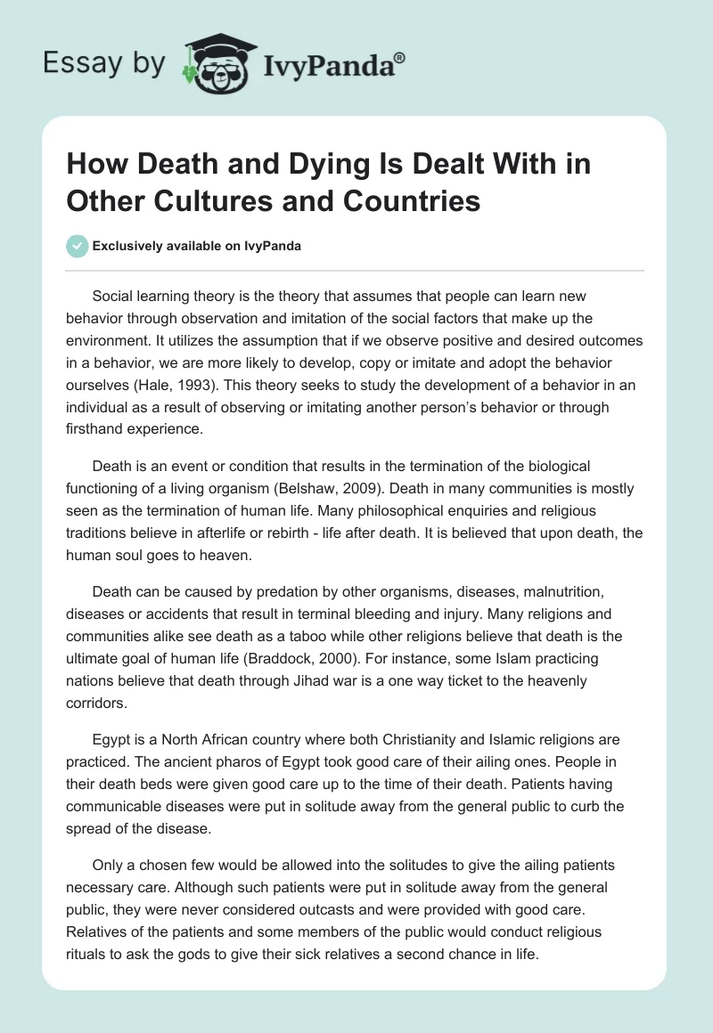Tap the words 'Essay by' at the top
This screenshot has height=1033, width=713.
click(x=103, y=63)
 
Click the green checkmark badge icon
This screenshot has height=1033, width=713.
click(x=76, y=247)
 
